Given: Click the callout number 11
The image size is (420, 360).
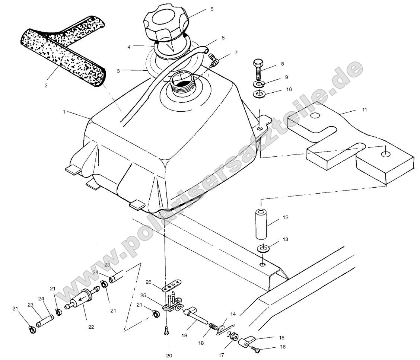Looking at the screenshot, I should coord(364,109).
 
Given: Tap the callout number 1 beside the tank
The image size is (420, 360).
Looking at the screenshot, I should coord(64,111).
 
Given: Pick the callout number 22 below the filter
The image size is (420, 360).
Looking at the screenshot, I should coord(91,327).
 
